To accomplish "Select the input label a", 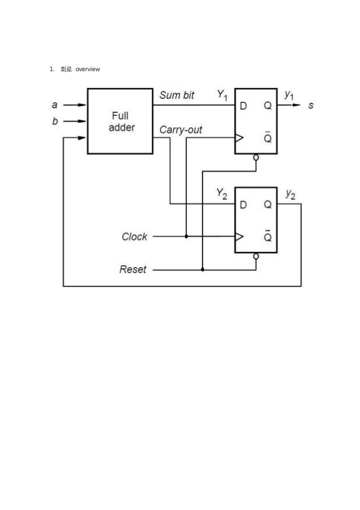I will [x=55, y=104].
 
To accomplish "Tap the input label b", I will [x=55, y=120].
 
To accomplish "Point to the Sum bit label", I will [x=177, y=95].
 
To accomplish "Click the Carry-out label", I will [x=181, y=130].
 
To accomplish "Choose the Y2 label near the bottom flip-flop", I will [x=222, y=195].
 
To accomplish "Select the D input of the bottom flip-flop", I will [x=244, y=204].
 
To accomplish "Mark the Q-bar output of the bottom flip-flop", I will [x=267, y=237].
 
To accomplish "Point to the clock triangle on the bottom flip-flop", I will [x=239, y=237].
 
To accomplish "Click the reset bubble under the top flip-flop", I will [x=256, y=157].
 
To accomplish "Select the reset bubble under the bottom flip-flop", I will [x=256, y=256].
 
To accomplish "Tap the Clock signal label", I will [x=134, y=237].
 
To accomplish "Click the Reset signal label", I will [x=133, y=269].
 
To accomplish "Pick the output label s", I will [x=311, y=105].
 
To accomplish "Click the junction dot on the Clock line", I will [x=186, y=237].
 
